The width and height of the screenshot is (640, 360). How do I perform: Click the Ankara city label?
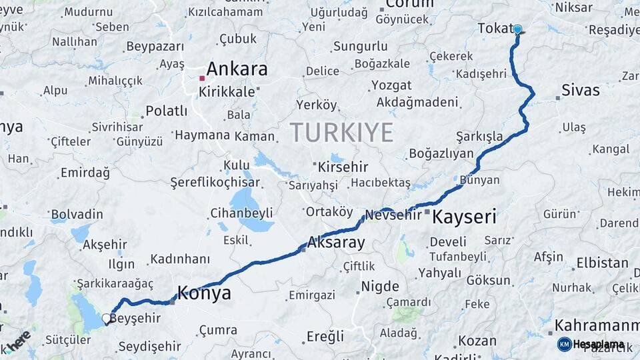[237, 69]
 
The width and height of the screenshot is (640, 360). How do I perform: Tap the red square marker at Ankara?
[202, 78]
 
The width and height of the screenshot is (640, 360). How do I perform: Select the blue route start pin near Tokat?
[517, 29]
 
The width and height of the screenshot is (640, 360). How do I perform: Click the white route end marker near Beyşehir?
[106, 320]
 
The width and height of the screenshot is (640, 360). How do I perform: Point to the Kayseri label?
[465, 217]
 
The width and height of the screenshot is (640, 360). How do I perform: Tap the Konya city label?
[204, 293]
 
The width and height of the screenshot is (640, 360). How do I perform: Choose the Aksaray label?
[336, 243]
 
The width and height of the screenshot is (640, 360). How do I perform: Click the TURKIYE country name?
[341, 133]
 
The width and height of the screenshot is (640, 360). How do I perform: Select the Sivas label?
[580, 90]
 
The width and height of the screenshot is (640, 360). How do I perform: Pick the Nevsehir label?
[394, 215]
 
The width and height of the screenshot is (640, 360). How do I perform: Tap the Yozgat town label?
[391, 85]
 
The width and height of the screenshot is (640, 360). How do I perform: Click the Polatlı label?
[166, 111]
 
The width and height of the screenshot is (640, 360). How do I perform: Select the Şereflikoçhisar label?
[215, 182]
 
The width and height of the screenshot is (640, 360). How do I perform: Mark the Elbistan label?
[602, 263]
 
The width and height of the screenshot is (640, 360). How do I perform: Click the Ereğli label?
[325, 336]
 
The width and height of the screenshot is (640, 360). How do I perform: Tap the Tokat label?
[494, 28]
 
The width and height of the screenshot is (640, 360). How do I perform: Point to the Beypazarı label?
[154, 47]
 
